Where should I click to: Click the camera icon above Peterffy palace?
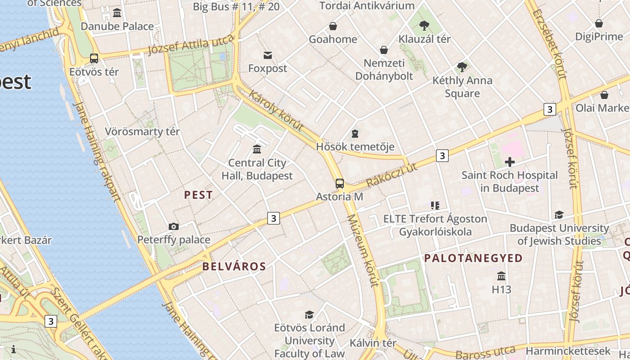pyautogui.click(x=174, y=226)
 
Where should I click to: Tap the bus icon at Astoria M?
pyautogui.click(x=340, y=184)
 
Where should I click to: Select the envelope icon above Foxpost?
pyautogui.click(x=268, y=55)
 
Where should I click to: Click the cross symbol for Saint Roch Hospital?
pyautogui.click(x=510, y=162)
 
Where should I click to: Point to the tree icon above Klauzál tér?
pyautogui.click(x=424, y=25)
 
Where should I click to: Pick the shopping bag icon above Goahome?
pyautogui.click(x=333, y=26)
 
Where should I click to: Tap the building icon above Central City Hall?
pyautogui.click(x=257, y=149)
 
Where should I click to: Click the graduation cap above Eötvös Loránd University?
pyautogui.click(x=309, y=315)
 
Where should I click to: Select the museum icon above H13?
pyautogui.click(x=501, y=276)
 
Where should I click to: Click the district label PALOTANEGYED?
pyautogui.click(x=473, y=258)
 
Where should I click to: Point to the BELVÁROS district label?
pyautogui.click(x=234, y=266)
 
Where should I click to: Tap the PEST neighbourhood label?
pyautogui.click(x=198, y=195)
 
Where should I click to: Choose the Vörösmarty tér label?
pyautogui.click(x=142, y=132)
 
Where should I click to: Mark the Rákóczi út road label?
pyautogui.click(x=392, y=175)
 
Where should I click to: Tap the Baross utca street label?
pyautogui.click(x=486, y=352)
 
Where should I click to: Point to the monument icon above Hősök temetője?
pyautogui.click(x=355, y=134)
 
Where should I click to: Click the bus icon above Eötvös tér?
pyautogui.click(x=94, y=58)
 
